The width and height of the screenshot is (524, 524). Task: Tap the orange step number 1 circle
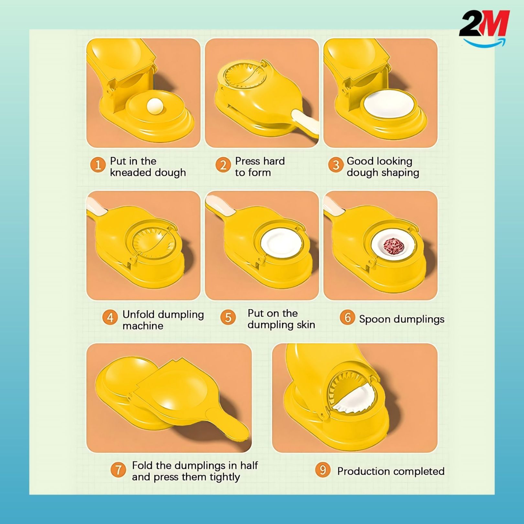click(98, 165)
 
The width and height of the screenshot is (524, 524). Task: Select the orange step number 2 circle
click(223, 165)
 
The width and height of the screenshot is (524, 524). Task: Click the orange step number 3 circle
click(336, 165)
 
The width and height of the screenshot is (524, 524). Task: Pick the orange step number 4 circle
click(110, 318)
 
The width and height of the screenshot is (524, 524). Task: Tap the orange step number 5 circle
click(228, 317)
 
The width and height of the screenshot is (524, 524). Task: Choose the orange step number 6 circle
click(347, 317)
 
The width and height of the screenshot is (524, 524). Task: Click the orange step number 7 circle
click(118, 470)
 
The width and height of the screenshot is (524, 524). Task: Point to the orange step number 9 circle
click(323, 470)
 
